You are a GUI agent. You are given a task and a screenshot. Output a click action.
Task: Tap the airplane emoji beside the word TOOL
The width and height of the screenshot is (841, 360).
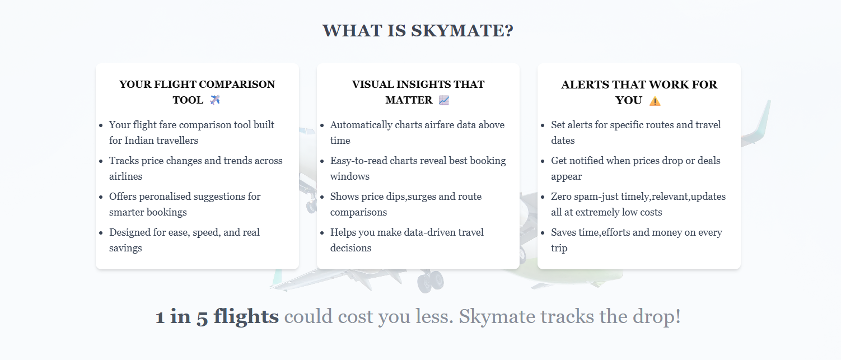coord(215,100)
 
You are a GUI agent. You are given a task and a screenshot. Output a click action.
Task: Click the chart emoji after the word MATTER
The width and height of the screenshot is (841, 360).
coord(444,100)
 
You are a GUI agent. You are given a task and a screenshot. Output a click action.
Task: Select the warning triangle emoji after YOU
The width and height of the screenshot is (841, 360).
coord(655,101)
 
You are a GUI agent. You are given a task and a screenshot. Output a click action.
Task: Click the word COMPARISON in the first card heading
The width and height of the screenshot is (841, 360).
coord(237,85)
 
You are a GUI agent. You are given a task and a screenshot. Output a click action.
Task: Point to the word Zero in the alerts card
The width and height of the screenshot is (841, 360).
coord(562,197)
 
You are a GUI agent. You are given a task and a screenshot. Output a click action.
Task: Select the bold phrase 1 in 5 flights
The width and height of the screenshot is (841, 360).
coord(217,317)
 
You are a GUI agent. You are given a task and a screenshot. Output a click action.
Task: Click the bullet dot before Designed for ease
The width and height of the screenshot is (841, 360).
coord(100,233)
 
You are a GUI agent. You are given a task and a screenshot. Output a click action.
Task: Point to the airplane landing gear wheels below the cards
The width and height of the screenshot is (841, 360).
coord(430,279)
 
